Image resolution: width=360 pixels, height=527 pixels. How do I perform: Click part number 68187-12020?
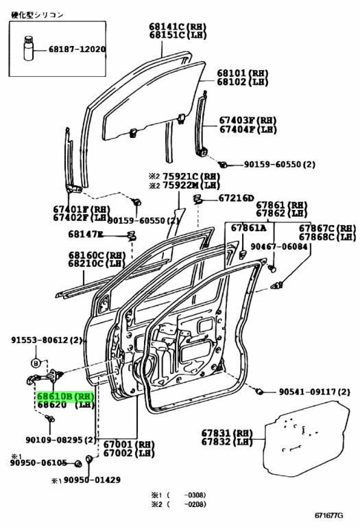coord(77,49)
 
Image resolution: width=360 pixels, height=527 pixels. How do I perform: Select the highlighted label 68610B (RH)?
coord(65,397)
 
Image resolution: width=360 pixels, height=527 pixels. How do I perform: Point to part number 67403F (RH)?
coord(248,119)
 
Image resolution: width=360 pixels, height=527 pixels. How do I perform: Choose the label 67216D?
coord(236,198)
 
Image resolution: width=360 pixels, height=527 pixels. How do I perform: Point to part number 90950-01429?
coord(92,480)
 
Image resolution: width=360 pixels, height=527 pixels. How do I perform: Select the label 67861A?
coord(248,228)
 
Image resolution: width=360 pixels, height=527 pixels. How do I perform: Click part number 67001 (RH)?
coord(128,445)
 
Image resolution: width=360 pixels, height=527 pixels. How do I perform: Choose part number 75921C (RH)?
coord(189,176)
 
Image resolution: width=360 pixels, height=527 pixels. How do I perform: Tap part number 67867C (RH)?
coord(326,228)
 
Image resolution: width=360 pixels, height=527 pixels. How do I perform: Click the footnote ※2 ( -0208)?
coord(178,505)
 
